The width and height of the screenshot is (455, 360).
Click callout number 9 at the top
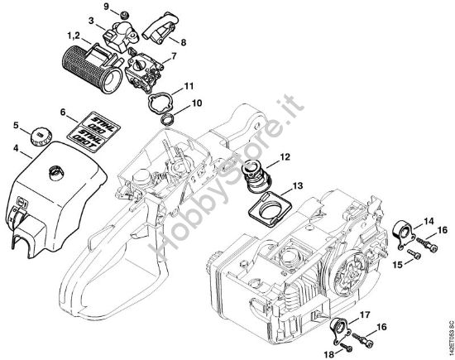[106, 7]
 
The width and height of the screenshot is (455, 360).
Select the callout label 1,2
[72, 35]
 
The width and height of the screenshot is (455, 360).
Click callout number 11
[189, 85]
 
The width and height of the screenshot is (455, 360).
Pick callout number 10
[197, 103]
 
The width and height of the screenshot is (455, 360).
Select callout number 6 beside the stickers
[62, 111]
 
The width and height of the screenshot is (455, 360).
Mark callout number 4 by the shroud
[16, 150]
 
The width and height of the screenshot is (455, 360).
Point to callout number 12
[285, 156]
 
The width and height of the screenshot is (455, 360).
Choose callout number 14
[428, 221]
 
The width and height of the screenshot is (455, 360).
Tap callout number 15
[396, 264]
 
